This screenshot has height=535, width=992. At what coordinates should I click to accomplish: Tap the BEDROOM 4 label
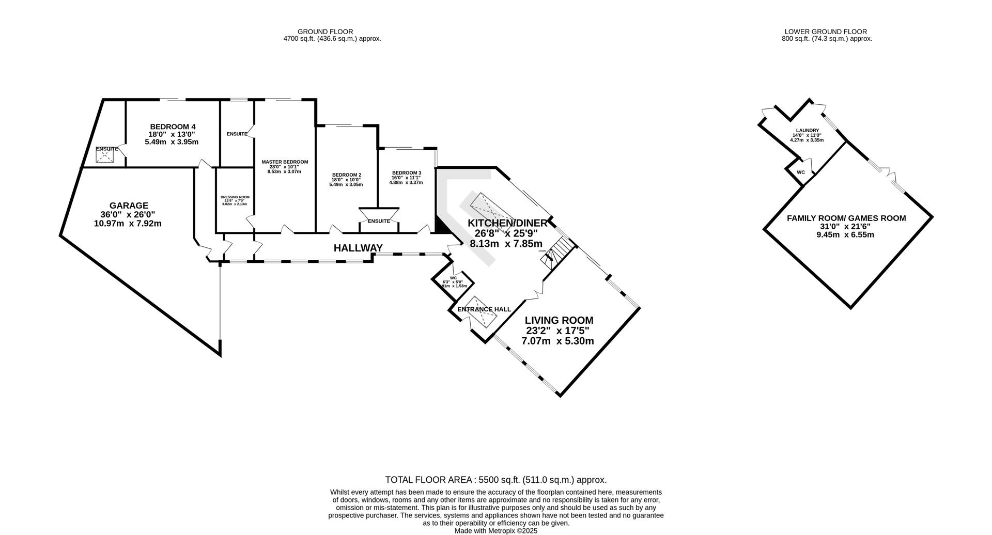pos(173,127)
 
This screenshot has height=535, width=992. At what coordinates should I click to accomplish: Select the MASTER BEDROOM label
pos(284,162)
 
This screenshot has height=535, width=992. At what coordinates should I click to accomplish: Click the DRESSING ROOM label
pos(235,197)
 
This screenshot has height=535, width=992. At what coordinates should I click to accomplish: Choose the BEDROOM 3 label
pos(406,172)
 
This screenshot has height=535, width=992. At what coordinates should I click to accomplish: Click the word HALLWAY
pos(358,248)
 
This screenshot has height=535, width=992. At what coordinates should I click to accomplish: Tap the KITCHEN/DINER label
pos(507,223)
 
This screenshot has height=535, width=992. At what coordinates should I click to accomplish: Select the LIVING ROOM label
pos(559,320)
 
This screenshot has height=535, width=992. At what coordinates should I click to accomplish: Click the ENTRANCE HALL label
pos(484,309)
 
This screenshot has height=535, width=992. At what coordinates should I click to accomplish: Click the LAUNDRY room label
pos(807,131)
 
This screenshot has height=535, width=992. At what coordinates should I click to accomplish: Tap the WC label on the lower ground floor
pos(800,172)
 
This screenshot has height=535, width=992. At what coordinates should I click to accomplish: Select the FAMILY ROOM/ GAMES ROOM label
pos(846,218)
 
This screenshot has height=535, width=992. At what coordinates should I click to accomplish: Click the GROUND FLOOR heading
pos(332,32)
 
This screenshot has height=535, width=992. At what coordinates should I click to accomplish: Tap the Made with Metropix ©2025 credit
pos(496,530)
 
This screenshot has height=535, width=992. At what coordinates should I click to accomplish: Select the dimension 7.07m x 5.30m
pos(557,341)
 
